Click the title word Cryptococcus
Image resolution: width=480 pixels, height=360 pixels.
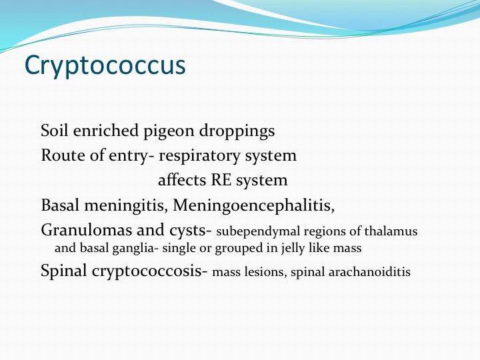[x=105, y=65]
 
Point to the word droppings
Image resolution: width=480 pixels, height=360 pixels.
[x=237, y=131]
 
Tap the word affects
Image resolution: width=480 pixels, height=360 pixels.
[x=182, y=180]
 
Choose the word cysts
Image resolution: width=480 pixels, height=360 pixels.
[x=187, y=231]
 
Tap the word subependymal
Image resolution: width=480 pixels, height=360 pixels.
[x=258, y=232]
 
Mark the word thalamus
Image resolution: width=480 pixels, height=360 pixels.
[x=391, y=231]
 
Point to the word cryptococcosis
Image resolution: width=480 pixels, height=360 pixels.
[x=147, y=271]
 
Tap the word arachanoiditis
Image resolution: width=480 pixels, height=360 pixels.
[x=369, y=272]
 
